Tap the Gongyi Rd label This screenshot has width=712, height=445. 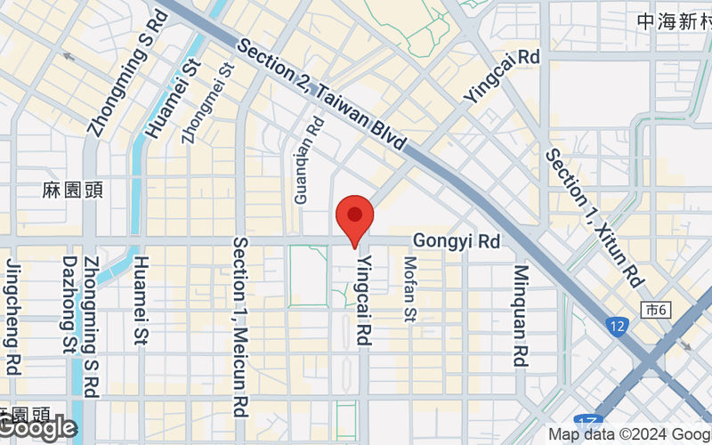[x=457, y=241]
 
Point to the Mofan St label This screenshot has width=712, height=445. [x=410, y=289]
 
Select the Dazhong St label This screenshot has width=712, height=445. [x=69, y=304]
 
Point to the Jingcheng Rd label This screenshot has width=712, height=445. [x=14, y=316]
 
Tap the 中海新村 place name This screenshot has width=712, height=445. [x=674, y=20]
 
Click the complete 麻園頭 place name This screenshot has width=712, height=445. [x=67, y=190]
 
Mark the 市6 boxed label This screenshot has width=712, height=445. [x=655, y=309]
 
